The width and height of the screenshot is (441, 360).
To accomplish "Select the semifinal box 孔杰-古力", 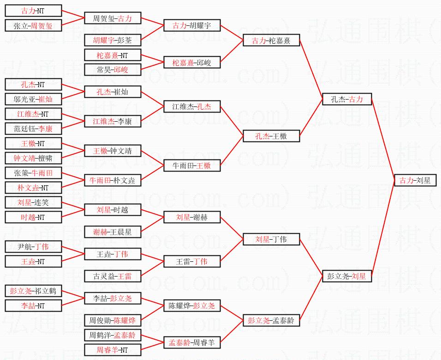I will tap(346, 99).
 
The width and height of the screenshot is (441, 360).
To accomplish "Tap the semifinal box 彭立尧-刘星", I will tap(346, 276).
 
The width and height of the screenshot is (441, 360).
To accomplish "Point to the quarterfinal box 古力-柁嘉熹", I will tap(271, 41).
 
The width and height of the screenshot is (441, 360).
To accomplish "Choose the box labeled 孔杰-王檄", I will tap(271, 136).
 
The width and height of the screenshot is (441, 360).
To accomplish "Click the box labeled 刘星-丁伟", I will tap(271, 239).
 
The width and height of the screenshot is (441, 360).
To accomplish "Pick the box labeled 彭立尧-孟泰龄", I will tap(271, 320).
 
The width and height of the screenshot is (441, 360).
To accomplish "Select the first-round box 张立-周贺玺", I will tap(33, 26).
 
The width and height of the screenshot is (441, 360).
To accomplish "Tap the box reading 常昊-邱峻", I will tap(113, 70).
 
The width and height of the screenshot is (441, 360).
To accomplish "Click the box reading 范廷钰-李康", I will tap(33, 129).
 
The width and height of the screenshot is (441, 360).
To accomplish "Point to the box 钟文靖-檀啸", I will tap(33, 158).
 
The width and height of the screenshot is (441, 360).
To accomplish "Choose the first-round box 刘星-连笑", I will tap(33, 202).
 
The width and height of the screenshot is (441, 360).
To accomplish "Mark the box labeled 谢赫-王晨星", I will tap(113, 232).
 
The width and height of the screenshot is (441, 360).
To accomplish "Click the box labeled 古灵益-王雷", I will tap(113, 276).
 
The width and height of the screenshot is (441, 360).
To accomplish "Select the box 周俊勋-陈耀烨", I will tap(113, 320).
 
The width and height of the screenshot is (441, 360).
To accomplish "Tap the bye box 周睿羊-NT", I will tap(113, 350).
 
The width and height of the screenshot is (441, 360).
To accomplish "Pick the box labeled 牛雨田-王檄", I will tap(191, 165).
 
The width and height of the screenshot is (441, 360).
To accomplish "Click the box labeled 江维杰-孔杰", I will tap(191, 106).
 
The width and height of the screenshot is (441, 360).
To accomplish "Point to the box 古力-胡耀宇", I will tap(191, 25).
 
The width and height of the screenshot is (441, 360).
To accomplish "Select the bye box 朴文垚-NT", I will tap(33, 188).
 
